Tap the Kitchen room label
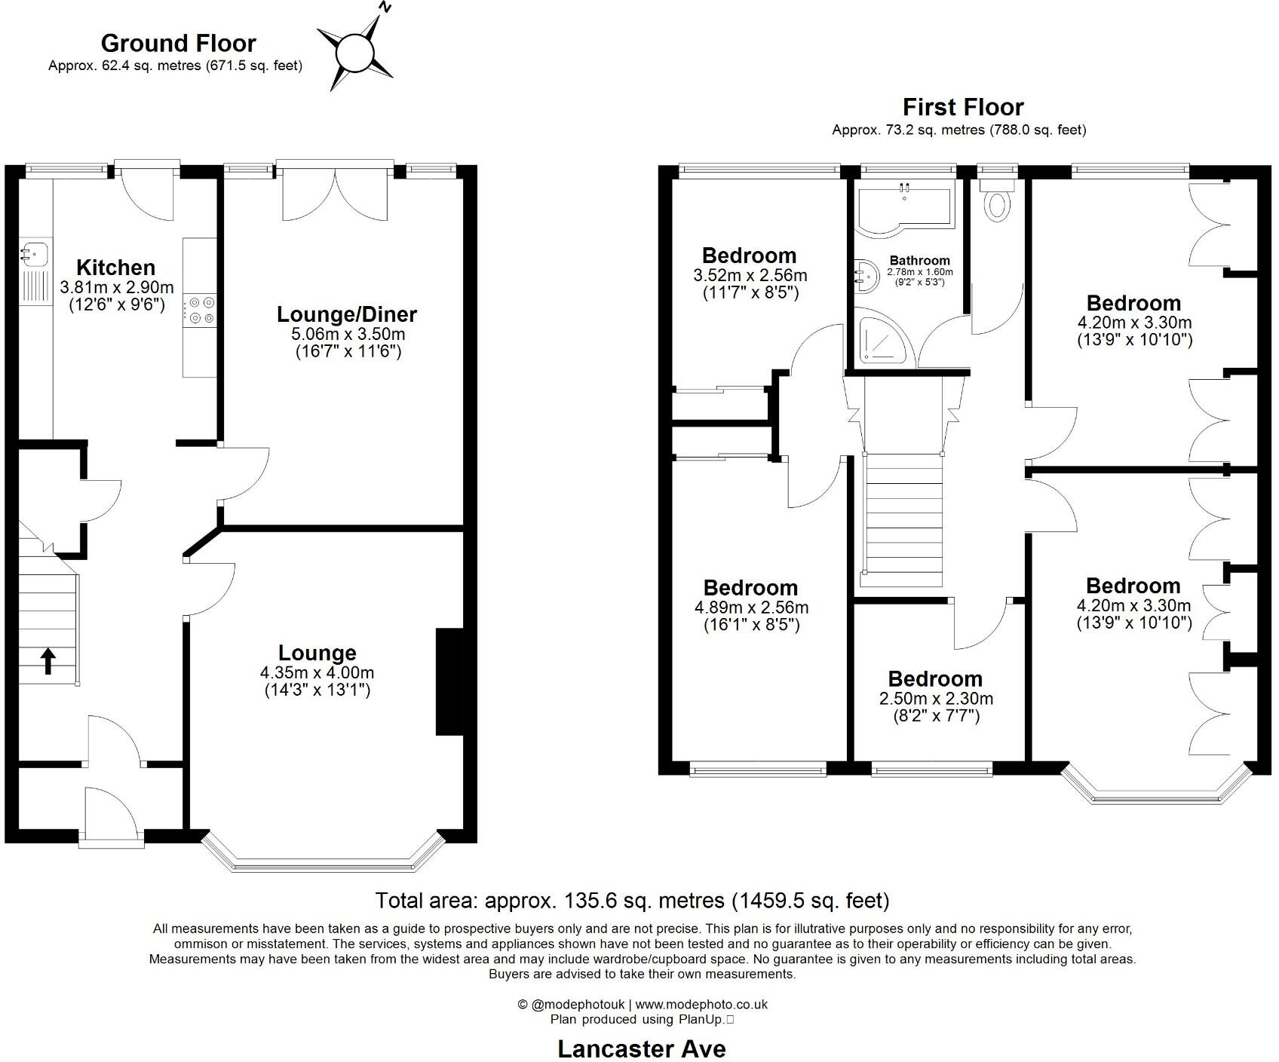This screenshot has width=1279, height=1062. [116, 268]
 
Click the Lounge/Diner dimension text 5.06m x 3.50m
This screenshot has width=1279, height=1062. [348, 335]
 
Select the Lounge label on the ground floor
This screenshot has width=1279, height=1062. [317, 653]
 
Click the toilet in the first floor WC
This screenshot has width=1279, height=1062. [998, 205]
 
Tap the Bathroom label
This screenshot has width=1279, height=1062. [919, 261]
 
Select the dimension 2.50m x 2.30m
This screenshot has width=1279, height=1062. [935, 699]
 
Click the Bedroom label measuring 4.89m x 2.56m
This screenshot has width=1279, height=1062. [750, 588]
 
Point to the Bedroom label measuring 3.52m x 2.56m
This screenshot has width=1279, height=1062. [749, 256]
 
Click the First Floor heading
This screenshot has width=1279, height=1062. [963, 107]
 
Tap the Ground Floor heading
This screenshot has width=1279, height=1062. [178, 43]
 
